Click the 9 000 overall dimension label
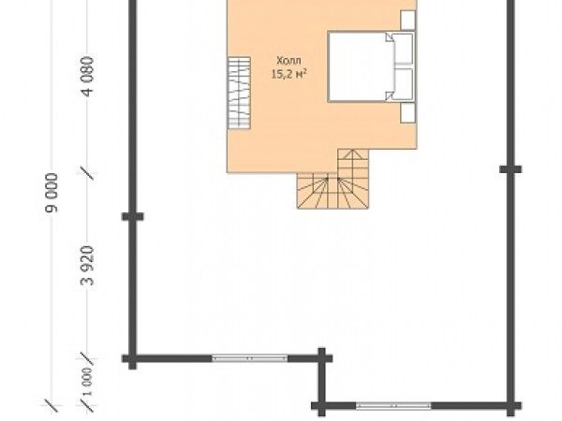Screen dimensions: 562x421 click(52, 193)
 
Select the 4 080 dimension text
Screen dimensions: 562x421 click(87, 77)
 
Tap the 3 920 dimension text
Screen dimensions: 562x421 click(87, 266)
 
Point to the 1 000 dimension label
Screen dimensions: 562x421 click(87, 382)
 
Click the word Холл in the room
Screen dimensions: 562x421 click(288, 61)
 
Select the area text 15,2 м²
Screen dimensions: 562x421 click(289, 74)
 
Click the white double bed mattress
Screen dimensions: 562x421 click(371, 66)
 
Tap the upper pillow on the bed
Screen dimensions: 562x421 click(403, 49)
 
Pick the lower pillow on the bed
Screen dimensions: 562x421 click(403, 83)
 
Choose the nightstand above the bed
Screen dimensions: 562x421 click(407, 20)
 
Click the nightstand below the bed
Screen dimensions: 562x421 click(407, 113)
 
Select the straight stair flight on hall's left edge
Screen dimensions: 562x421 click(239, 93)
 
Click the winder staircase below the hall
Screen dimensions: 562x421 click(333, 179)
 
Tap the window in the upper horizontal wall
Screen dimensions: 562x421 click(250, 358)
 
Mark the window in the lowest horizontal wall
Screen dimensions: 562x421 click(393, 406)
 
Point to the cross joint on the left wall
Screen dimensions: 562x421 click(133, 216)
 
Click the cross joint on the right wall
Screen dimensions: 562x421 click(510, 169)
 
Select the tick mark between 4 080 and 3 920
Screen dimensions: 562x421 click(87, 172)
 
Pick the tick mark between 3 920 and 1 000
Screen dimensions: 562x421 click(87, 358)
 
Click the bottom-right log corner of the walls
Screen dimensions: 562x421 click(510, 406)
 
